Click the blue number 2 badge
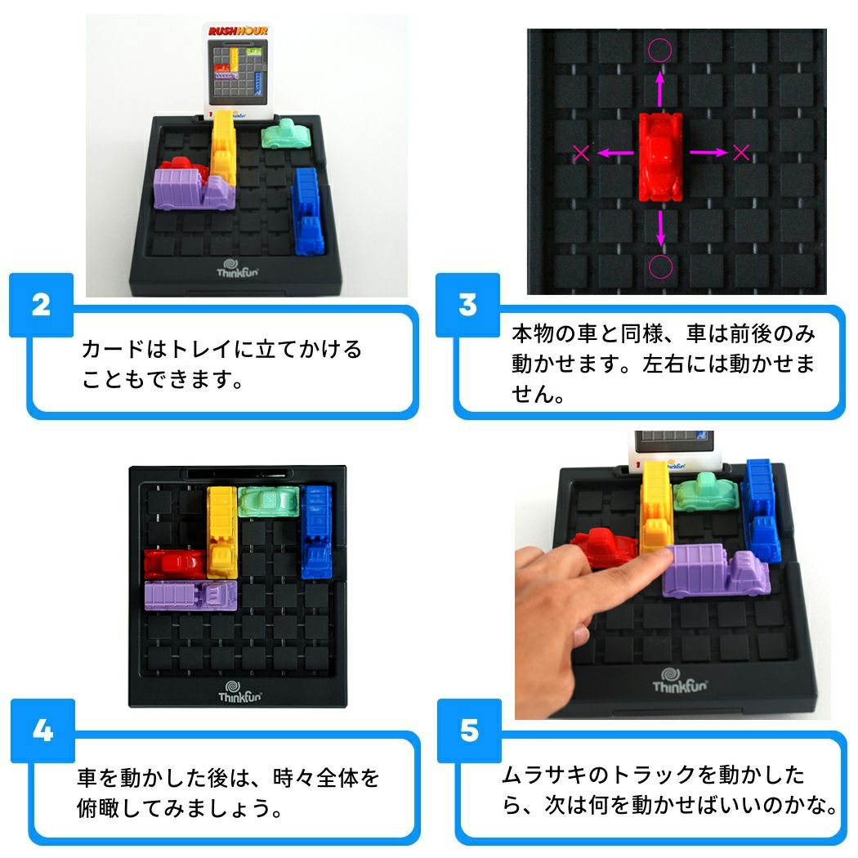[41, 305]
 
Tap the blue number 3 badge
[468, 305]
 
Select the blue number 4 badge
[42, 731]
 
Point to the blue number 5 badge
[470, 731]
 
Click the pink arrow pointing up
[660, 87]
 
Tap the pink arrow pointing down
[660, 229]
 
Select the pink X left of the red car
[581, 154]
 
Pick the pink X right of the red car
[741, 152]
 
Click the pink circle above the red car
[660, 51]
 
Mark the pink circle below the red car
[660, 266]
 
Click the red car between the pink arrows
[660, 157]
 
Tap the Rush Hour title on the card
[238, 31]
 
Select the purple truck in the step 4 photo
[191, 596]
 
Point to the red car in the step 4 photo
[175, 564]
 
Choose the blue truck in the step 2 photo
[308, 211]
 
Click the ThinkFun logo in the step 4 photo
[239, 691]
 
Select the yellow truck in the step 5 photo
[656, 506]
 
